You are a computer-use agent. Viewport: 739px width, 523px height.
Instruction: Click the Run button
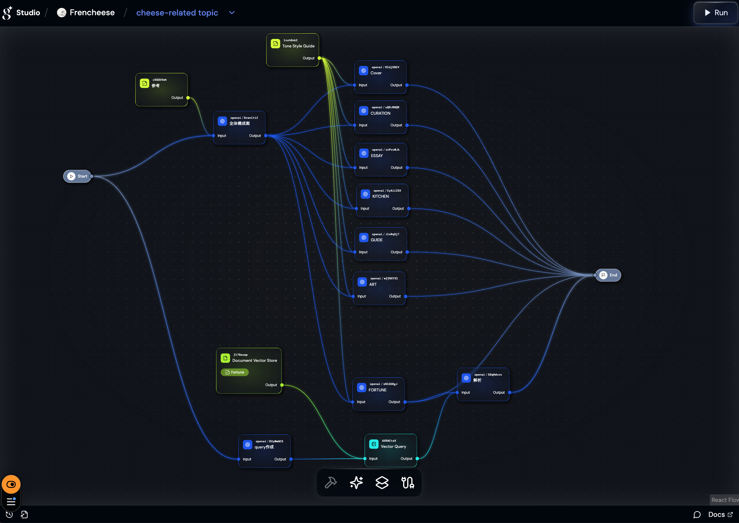point(716,13)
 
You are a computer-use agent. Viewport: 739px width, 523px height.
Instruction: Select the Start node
point(77,176)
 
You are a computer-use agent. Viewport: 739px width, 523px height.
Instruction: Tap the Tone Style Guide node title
point(298,46)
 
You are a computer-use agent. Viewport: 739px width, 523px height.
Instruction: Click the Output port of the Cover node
point(407,85)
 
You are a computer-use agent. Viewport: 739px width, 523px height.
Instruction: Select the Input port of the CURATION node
point(355,125)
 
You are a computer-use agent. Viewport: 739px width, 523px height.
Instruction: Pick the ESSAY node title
point(377,156)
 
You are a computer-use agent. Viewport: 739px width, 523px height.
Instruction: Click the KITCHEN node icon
point(365,194)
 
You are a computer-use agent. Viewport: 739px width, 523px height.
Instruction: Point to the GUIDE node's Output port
point(407,252)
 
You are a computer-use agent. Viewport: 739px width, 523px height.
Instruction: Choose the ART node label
point(373,284)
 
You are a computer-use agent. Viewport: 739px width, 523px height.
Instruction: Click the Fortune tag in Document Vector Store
point(235,372)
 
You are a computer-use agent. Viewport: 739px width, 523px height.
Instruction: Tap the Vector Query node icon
point(374,444)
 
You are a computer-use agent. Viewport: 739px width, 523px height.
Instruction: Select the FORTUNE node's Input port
point(353,402)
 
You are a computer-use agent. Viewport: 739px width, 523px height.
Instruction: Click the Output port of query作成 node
point(291,459)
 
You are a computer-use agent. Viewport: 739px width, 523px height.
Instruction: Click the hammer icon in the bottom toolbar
point(331,482)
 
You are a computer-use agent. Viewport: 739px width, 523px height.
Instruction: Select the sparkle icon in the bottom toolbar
point(356,482)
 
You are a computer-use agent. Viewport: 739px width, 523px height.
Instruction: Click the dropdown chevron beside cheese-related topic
point(232,13)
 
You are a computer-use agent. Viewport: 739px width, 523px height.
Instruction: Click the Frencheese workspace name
point(92,13)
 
